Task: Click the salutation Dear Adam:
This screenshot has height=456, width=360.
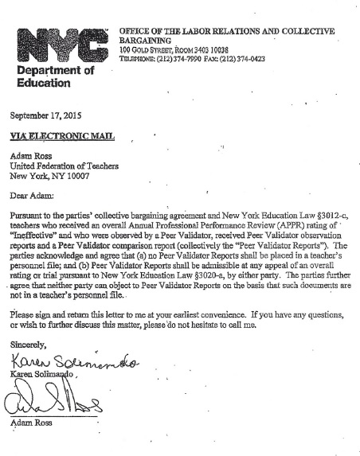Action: click(33, 195)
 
